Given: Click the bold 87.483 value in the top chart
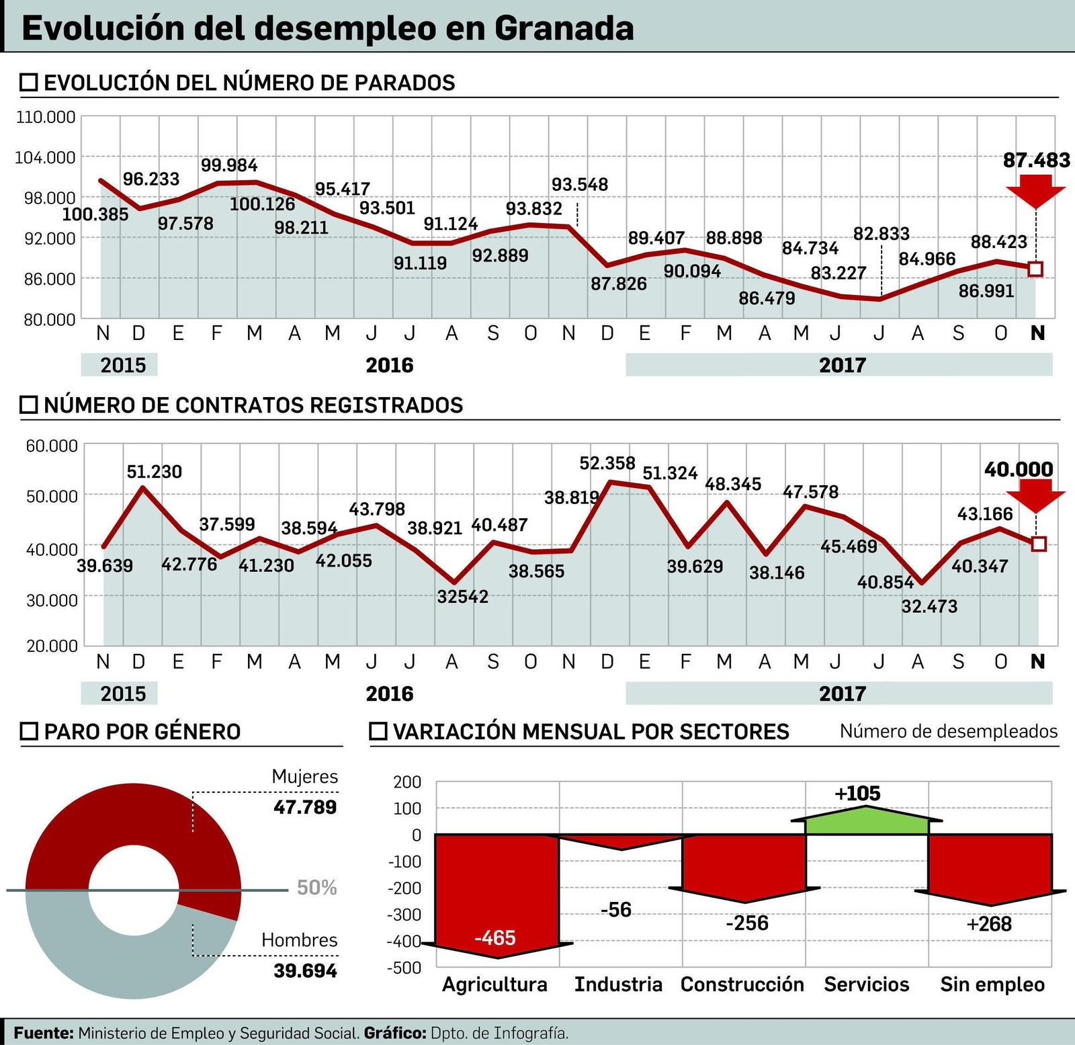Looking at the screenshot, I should click(x=1036, y=160).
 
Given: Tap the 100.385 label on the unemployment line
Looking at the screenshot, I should click(x=95, y=214).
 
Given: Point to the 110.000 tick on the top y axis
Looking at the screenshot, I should click(x=46, y=117).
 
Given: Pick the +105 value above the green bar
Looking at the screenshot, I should click(x=857, y=793).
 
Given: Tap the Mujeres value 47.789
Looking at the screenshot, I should click(x=305, y=806).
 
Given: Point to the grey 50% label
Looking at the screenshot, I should click(x=316, y=888).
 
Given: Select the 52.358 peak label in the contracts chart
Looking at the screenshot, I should click(x=607, y=463).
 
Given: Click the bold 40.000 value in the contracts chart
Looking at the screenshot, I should click(x=1018, y=469).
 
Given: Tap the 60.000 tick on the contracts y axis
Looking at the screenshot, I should click(x=52, y=446).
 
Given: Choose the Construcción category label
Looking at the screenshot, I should click(x=742, y=985).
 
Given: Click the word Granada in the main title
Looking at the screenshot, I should click(x=564, y=28).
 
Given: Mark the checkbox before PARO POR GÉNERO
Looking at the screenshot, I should click(x=29, y=731).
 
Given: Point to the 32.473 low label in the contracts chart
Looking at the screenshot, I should click(x=929, y=606).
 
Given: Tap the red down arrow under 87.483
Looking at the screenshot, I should click(x=1035, y=191).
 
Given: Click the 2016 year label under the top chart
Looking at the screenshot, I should click(x=389, y=365).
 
